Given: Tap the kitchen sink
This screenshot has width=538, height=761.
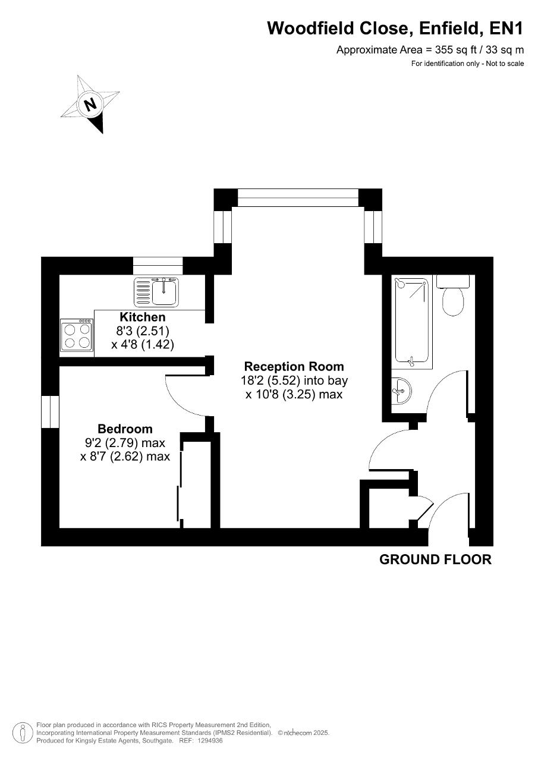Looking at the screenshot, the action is [156, 291].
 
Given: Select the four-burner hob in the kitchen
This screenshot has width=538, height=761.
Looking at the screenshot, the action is [77, 335].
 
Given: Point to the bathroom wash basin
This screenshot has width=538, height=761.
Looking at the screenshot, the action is [401, 391].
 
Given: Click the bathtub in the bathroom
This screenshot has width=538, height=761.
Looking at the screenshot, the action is [411, 323].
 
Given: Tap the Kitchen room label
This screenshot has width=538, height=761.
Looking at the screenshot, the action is [143, 317].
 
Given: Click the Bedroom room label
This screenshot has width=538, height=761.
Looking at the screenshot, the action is [125, 429].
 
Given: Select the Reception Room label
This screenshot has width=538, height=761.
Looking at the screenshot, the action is [294, 367].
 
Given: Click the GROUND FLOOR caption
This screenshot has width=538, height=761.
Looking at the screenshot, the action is [435, 559].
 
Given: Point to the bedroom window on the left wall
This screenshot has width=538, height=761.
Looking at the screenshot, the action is [51, 411].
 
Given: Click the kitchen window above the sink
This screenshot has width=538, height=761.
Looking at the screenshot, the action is [158, 266].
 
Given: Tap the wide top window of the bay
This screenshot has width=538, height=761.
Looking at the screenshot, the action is [298, 198].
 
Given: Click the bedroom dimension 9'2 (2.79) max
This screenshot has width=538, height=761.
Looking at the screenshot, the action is [125, 443].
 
